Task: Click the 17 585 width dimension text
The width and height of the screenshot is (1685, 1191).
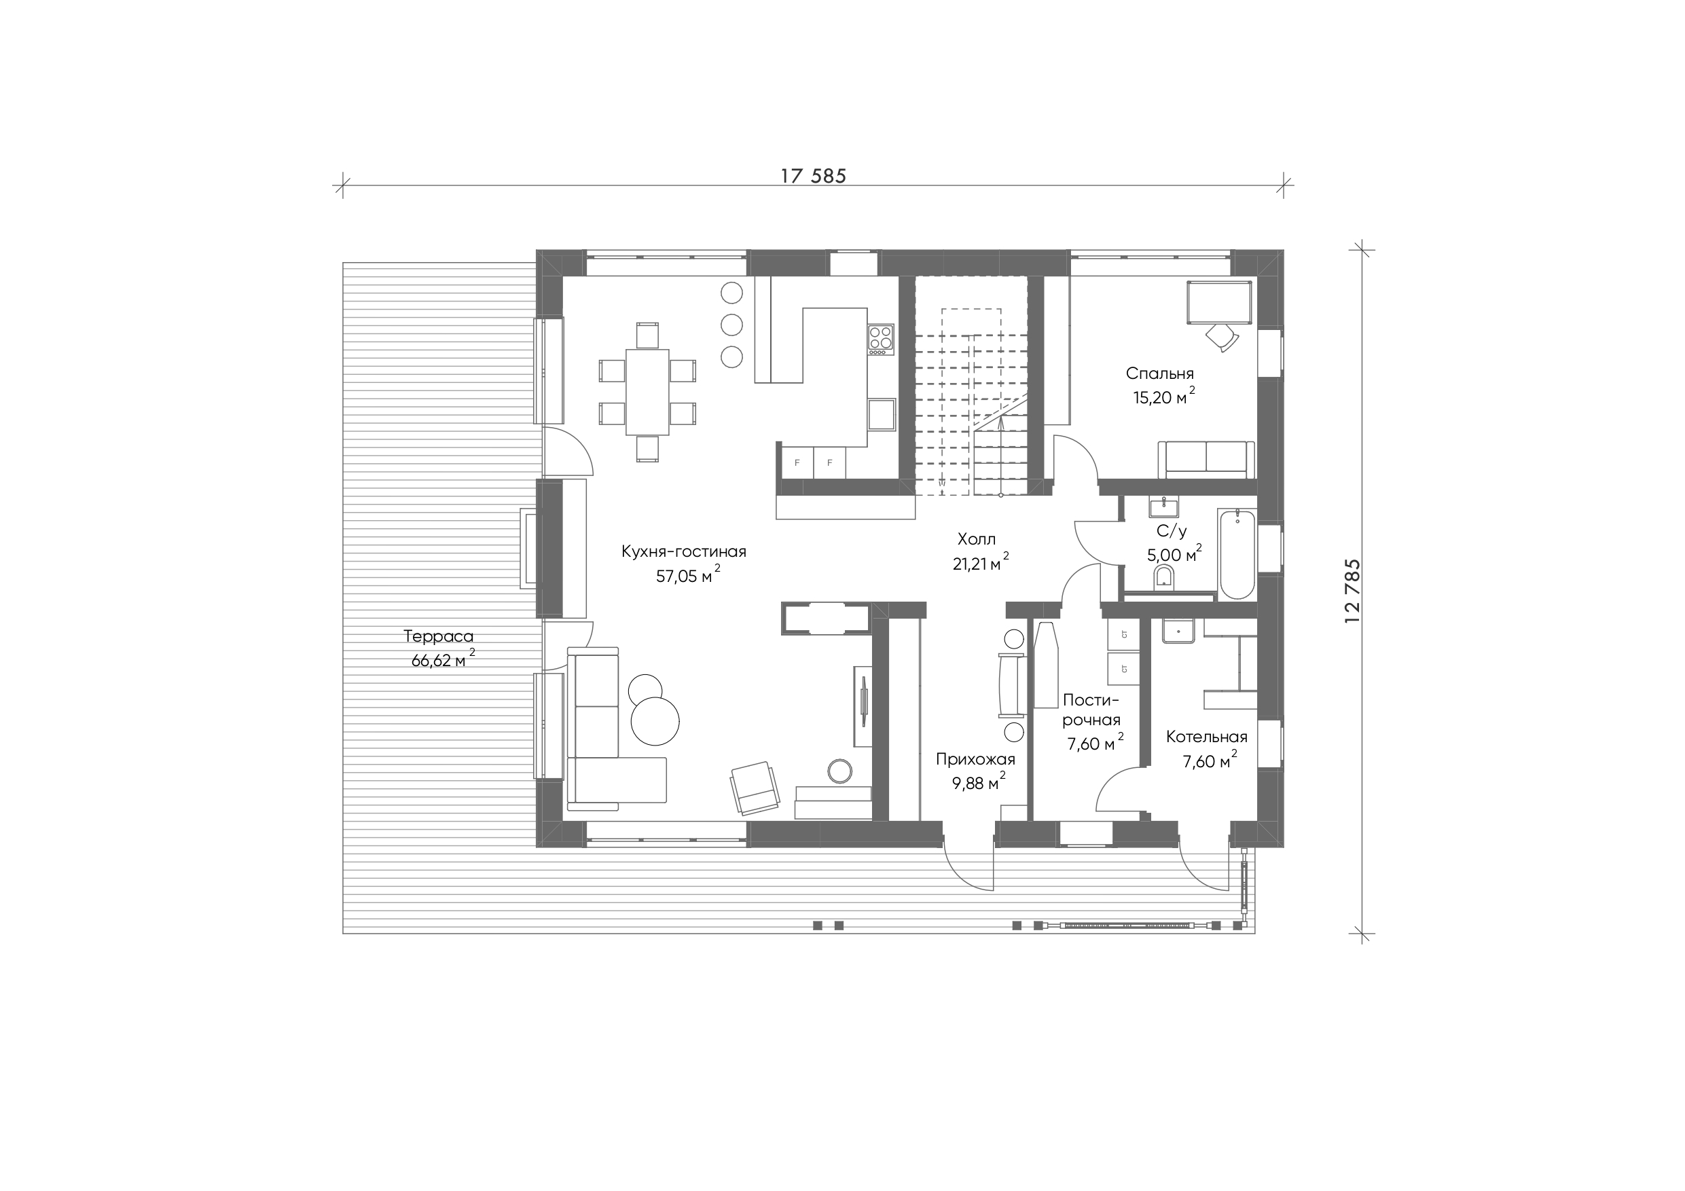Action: pos(813,176)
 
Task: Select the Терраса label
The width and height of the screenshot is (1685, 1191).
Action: pos(439,636)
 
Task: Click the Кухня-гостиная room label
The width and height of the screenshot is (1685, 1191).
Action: pos(684,551)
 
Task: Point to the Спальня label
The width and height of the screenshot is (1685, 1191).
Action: pos(1160,373)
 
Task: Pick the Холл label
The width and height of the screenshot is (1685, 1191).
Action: pos(977,539)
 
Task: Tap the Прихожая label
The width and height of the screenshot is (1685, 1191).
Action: pos(975,760)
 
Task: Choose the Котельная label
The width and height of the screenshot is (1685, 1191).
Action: pos(1206,737)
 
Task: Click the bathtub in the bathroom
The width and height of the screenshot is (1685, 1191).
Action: pos(1237,553)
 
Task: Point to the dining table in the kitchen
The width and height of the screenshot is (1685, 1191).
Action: pos(647,392)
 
